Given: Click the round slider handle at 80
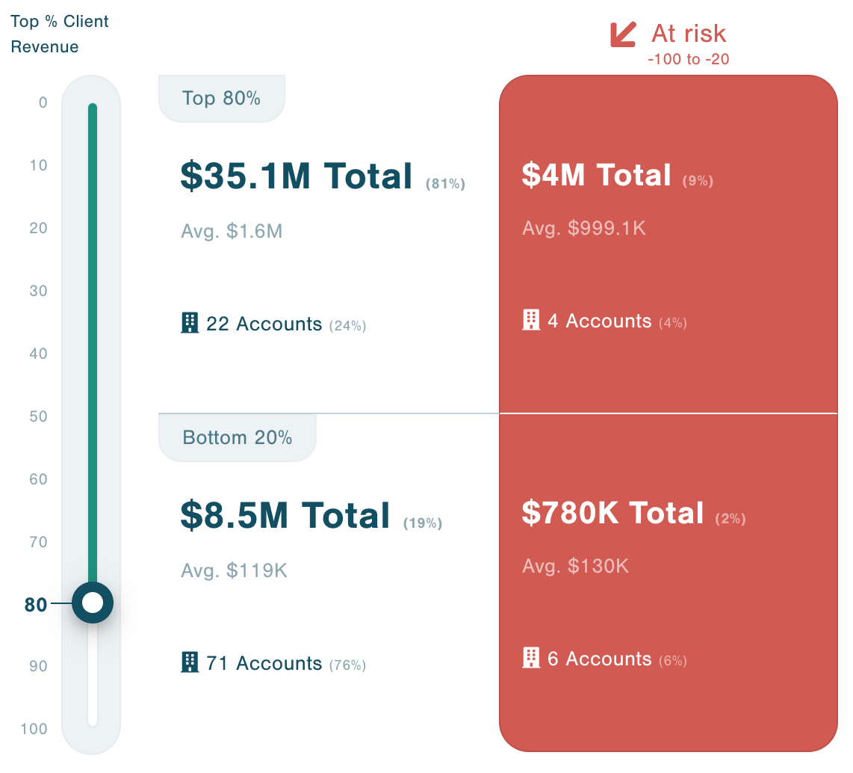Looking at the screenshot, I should point(93,603).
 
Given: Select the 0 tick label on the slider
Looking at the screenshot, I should point(43,102).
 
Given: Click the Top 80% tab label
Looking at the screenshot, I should point(221,98).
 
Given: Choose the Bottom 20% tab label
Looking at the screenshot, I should point(237,437).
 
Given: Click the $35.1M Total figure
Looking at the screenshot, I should point(297,176).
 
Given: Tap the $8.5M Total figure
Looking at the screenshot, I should point(285,516).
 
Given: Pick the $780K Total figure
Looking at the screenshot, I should point(612,514).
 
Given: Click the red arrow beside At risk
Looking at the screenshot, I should point(624,34).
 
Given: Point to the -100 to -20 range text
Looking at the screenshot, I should point(688,60).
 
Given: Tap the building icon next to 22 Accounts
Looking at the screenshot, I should point(190,323).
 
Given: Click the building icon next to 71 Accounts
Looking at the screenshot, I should point(190,662).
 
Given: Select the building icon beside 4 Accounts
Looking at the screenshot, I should point(530,320).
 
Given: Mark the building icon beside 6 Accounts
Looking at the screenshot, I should point(530,658).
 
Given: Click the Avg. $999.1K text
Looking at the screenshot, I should point(583,228).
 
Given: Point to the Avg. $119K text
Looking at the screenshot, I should point(234,571).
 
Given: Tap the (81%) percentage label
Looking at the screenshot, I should point(445,184).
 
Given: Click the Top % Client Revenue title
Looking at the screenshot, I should point(59,34).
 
